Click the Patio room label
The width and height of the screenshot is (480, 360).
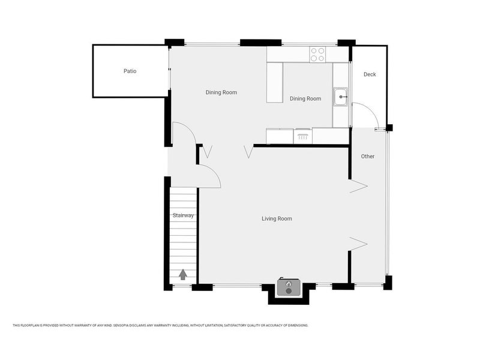(130, 71)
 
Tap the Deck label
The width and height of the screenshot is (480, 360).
(370, 74)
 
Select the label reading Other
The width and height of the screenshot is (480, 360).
(368, 157)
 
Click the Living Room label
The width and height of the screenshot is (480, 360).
(277, 219)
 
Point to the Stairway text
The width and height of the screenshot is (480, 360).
(182, 215)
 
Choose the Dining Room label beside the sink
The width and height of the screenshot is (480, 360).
(305, 99)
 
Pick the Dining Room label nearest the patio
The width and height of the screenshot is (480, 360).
(221, 92)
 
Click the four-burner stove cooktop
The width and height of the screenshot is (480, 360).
(317, 55)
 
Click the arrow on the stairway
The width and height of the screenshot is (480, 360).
(182, 274)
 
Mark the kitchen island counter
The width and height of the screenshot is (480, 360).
(275, 82)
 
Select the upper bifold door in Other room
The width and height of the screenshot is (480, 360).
(358, 186)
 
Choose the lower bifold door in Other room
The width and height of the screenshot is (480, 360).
(358, 243)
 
